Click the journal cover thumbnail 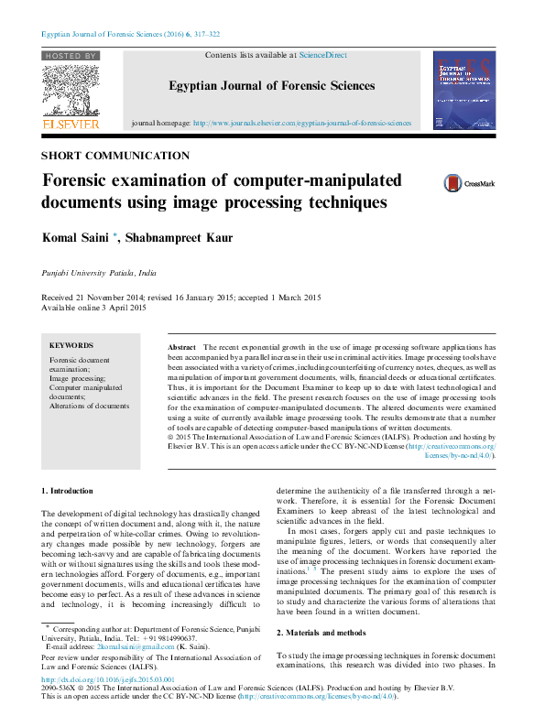(x=463, y=90)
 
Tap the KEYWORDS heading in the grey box (x=71, y=345)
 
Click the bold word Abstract (x=181, y=348)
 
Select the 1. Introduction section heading (x=68, y=492)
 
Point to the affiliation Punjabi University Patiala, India (x=99, y=273)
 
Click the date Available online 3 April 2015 (x=94, y=308)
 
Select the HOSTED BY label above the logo (x=70, y=56)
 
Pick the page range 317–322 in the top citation (x=202, y=34)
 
